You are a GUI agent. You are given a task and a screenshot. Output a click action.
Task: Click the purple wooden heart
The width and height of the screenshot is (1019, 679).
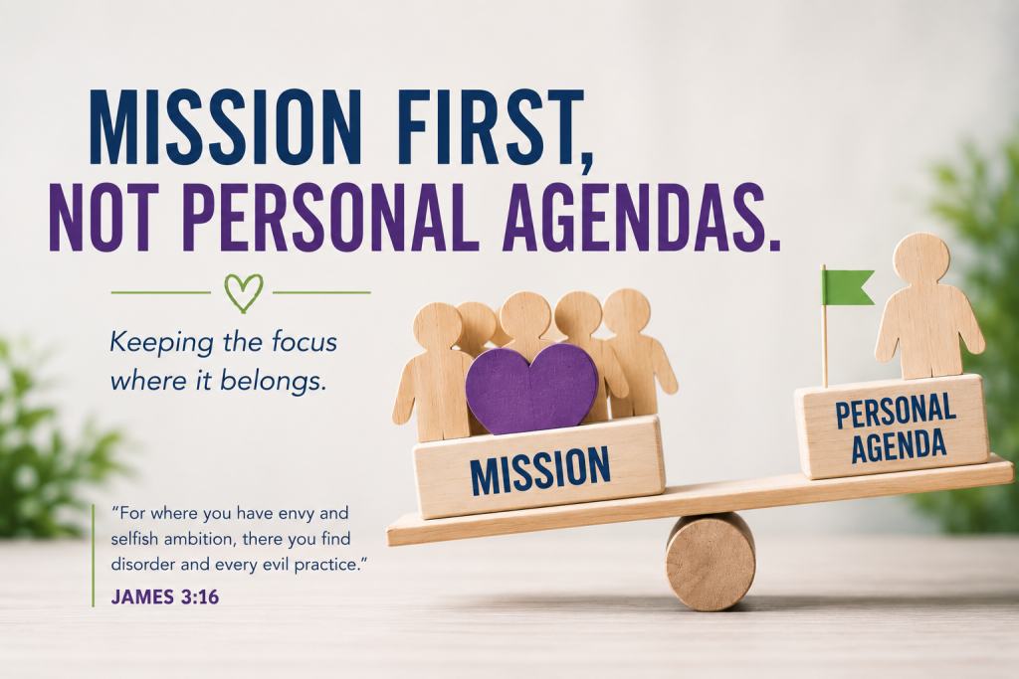(531, 388)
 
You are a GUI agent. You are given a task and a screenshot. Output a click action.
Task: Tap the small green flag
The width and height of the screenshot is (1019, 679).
(848, 287)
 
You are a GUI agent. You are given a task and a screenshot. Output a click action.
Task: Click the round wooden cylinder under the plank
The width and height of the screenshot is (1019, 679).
(711, 562)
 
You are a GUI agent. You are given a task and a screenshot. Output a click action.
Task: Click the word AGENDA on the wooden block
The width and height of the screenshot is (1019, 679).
(899, 446)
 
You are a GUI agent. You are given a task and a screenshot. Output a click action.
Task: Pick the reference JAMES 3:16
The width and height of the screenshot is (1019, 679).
(165, 596)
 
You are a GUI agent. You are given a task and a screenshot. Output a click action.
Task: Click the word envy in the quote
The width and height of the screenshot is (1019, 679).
(297, 513)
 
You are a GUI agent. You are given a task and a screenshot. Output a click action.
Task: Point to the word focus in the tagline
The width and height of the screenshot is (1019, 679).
(305, 342)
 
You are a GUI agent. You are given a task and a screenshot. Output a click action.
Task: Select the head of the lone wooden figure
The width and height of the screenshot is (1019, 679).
(920, 257)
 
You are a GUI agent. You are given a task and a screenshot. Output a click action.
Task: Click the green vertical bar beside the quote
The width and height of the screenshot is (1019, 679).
(94, 556)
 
